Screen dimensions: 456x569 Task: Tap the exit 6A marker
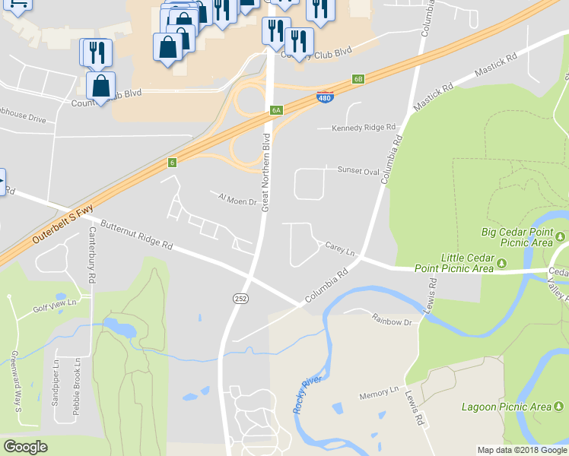[x=276, y=110]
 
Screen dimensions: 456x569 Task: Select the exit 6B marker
[x=359, y=78]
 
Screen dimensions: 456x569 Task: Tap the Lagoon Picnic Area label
[x=507, y=407]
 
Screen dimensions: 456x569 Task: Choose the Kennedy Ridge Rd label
[x=364, y=128]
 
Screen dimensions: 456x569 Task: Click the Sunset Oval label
[x=358, y=172]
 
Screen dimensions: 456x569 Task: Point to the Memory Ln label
[x=379, y=393]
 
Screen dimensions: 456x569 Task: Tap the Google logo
[x=25, y=447]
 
